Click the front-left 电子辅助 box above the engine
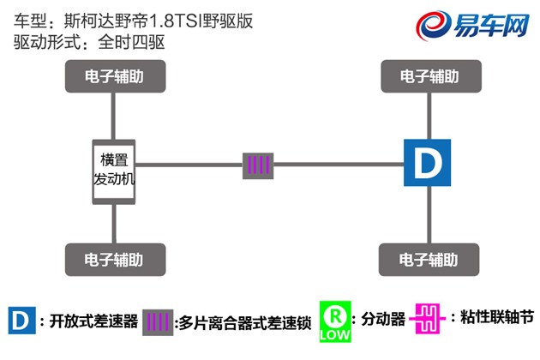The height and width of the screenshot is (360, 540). point(114,76)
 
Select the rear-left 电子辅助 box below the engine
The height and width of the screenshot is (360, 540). point(114,258)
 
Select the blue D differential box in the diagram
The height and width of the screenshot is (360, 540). point(426,164)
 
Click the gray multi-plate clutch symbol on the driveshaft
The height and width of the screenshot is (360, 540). point(258,165)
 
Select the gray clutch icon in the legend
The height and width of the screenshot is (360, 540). point(158,321)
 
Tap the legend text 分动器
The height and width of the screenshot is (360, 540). point(382,321)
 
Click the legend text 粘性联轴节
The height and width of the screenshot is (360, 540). point(494,321)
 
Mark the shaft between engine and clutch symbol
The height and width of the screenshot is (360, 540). point(189,165)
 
